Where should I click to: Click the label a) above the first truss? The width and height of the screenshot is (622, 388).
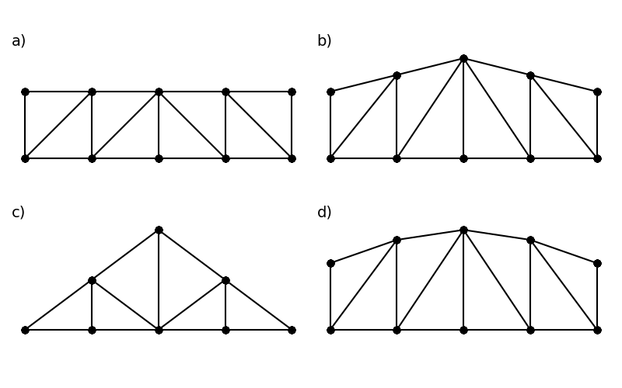pos(19,41)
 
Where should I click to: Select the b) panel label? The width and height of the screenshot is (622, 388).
pos(324,41)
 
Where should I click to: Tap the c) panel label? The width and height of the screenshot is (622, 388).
pos(18,213)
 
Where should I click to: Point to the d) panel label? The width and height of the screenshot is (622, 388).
pos(324,213)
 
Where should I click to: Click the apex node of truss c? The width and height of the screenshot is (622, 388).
pos(159,230)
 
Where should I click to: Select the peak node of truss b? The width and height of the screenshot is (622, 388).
pos(463,58)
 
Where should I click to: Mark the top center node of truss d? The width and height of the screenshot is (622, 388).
pos(463,230)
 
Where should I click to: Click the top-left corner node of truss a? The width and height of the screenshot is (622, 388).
pos(25,92)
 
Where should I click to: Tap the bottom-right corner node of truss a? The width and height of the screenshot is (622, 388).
pos(292,158)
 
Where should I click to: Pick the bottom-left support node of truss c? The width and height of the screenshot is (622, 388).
pos(25,330)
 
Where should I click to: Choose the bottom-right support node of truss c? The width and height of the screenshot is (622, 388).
pos(292,330)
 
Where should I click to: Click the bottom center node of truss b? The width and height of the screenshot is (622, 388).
pos(463,158)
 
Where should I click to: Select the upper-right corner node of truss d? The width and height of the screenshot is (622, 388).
pos(597,263)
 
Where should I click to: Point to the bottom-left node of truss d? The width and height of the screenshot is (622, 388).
pos(330,330)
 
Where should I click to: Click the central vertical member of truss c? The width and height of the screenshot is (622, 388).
pos(159,279)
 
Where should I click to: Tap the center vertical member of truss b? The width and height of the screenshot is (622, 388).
pos(463,109)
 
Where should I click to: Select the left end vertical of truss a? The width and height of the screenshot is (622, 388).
pos(25,125)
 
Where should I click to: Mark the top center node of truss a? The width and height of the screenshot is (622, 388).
pos(159,92)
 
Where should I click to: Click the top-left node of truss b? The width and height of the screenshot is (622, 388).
pos(330,92)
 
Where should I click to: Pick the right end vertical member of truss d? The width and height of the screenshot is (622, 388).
pos(597,296)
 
